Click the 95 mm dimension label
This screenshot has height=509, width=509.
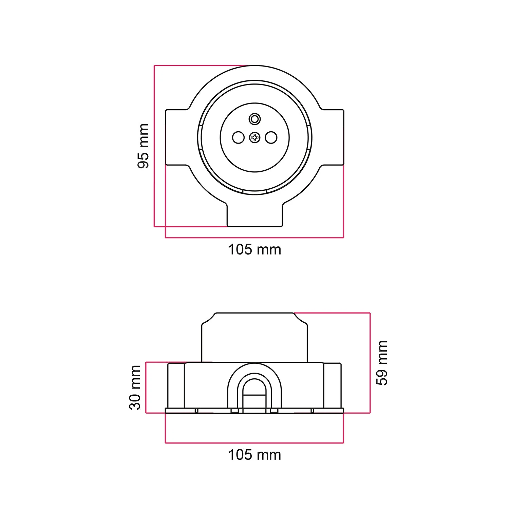coord(143,146)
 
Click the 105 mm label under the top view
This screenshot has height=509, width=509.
coord(254,250)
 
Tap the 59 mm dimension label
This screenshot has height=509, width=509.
coord(382,363)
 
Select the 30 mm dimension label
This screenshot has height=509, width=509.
coord(135,388)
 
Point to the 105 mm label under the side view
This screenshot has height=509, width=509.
coord(254,455)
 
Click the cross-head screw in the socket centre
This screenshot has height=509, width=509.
coord(254,137)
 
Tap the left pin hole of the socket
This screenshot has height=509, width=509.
coord(238,137)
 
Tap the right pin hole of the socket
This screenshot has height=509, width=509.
coord(271,137)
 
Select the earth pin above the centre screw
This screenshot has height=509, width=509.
coord(254,119)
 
